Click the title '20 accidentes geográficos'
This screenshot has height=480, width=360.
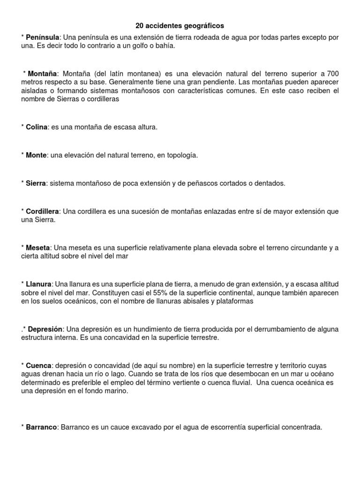tap(180, 26)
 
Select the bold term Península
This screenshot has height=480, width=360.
tap(43, 37)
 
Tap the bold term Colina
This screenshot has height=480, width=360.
tap(37, 127)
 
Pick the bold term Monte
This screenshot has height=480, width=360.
tap(36, 155)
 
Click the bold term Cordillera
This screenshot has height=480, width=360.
tap(43, 211)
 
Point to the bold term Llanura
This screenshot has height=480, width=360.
tap(39, 284)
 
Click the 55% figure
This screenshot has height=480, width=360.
tap(159, 292)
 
